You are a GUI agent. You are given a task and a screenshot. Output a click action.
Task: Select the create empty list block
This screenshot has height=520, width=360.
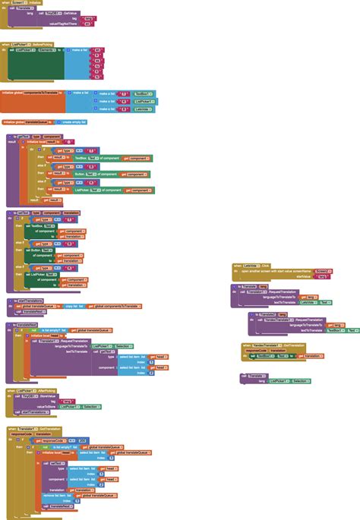(x=74, y=121)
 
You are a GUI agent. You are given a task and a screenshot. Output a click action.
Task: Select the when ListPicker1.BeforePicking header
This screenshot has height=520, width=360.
(x=23, y=45)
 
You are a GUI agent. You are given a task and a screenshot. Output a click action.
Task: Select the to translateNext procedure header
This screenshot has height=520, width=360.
(x=23, y=324)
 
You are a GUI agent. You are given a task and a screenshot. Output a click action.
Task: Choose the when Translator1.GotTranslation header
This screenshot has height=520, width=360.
(x=30, y=429)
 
